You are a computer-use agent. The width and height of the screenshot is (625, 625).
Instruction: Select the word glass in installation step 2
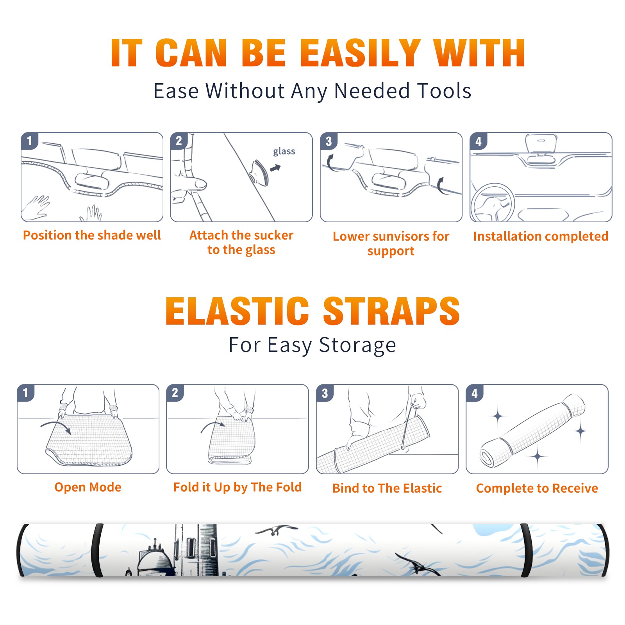pos(284,151)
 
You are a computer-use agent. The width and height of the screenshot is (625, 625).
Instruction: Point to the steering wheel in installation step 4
pos(493,203)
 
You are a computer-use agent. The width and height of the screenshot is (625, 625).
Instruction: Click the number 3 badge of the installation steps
pos(329,141)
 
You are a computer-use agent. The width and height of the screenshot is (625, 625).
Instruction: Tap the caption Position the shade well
pos(92,235)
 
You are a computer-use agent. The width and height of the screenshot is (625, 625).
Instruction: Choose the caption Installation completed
pos(541,236)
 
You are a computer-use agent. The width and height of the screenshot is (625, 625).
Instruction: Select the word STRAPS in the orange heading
pos(391,311)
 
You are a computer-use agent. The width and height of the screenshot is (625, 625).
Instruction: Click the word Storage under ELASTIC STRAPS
pos(357,345)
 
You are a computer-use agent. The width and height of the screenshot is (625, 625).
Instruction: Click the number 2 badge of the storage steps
pos(175,393)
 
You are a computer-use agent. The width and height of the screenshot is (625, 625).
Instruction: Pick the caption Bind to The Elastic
pos(387,488)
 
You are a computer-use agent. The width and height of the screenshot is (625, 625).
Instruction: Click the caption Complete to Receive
pos(537,488)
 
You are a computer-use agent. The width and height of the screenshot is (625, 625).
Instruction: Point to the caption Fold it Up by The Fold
pos(237,487)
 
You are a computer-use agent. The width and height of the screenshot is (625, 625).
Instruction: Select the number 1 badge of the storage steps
pos(25,393)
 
